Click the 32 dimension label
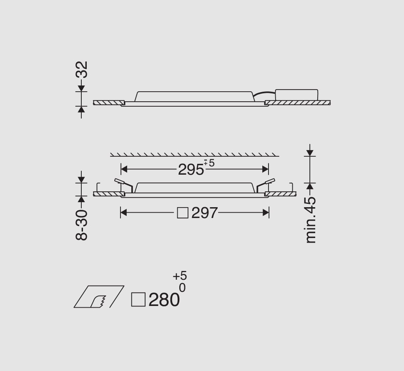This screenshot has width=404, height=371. pos(82,70)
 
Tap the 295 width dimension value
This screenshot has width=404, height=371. pos(191,170)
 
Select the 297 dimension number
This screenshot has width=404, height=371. pos(205,213)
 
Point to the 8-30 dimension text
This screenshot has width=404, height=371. pos(82,225)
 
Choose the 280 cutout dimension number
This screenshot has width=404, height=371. pos(164,300)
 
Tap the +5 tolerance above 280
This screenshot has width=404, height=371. pos(180,276)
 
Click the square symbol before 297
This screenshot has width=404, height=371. pos(183,213)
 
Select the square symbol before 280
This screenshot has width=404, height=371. pos(138,300)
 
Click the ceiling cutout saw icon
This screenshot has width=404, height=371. pos(99,296)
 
